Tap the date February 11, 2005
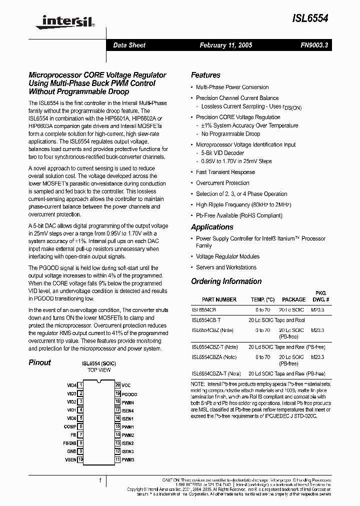coord(226,45)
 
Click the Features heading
coord(205,75)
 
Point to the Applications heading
coord(212,227)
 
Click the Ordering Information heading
coord(226,281)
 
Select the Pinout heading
coord(39,362)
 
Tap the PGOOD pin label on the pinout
coord(129,394)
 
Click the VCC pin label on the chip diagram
coord(126,385)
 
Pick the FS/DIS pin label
coord(69,443)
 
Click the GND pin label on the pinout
coord(72,451)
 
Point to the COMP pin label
coord(70,426)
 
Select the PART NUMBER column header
coord(219,299)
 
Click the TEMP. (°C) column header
coord(262,299)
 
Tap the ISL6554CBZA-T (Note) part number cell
coord(216,373)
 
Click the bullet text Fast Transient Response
coord(225,172)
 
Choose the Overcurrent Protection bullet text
coord(222,183)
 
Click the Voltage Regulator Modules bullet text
coord(227,256)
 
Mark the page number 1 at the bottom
coord(100,480)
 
